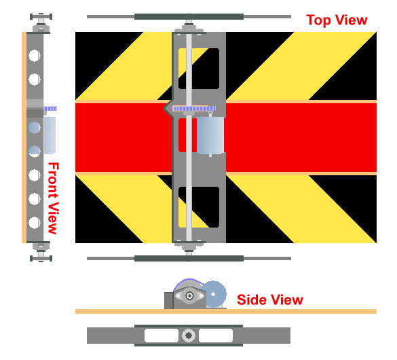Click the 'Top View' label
click(337, 20)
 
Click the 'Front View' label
click(53, 198)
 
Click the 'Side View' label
click(270, 300)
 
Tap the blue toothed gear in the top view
click(194, 109)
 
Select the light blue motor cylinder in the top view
click(210, 135)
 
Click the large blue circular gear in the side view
click(215, 294)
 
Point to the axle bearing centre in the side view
click(189, 295)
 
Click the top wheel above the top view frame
click(189, 17)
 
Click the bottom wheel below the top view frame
click(189, 258)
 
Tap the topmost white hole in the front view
click(35, 56)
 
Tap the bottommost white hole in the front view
click(35, 223)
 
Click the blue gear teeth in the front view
click(50, 109)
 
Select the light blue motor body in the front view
click(50, 135)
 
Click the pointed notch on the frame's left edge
click(167, 109)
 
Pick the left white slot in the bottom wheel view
click(162, 336)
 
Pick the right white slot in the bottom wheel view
click(216, 336)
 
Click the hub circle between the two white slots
click(189, 336)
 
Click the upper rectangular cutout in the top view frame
click(199, 69)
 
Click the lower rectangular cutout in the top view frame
click(199, 207)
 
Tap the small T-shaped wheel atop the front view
click(41, 17)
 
